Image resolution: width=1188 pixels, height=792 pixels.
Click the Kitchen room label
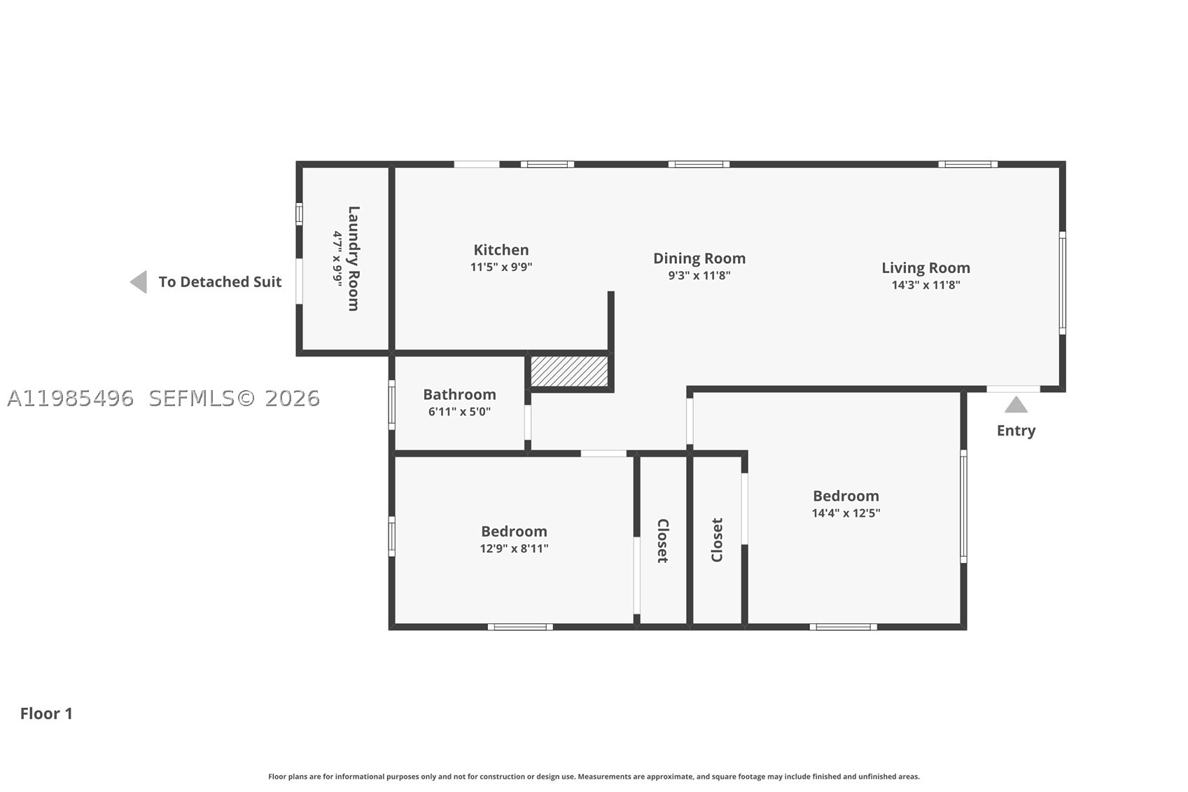pos(501,250)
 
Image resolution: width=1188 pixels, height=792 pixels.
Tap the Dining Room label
pos(699,258)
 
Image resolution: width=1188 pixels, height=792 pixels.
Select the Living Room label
pos(925,268)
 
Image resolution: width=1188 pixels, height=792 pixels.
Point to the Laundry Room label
pos(354,258)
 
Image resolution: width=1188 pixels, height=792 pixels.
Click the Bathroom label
pos(459,395)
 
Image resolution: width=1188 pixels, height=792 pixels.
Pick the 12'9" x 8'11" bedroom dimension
pos(514,548)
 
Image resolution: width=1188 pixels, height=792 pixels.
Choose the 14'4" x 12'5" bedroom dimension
pos(846,513)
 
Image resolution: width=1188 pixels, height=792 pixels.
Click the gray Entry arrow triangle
pos(1016,405)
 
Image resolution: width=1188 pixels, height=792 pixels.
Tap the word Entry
pos(1016,431)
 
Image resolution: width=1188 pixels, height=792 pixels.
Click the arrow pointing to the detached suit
pos(139,282)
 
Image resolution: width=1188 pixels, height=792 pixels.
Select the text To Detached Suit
pos(220,282)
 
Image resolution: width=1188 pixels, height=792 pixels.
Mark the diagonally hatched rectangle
pos(569,371)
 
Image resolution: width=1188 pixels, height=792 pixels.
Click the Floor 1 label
pos(46,714)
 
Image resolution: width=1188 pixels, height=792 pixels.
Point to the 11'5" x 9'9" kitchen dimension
pos(501,267)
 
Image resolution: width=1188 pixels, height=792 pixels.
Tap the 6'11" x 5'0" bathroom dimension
pos(459,412)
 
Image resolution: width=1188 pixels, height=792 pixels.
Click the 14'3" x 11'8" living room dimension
pos(925,285)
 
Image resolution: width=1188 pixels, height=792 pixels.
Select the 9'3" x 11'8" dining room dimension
pos(699,275)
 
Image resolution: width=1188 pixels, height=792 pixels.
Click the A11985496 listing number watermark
pos(70,398)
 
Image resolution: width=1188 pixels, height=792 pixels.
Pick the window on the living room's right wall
pos(1062,283)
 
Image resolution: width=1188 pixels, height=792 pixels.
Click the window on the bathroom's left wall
pos(392,405)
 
